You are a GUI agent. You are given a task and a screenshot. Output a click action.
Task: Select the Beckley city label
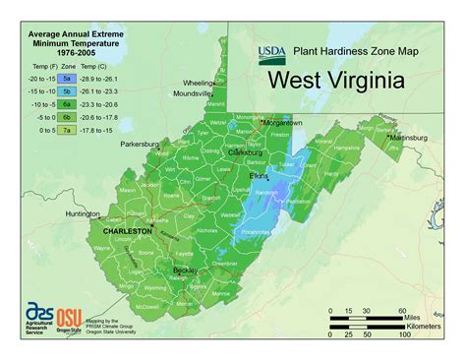187,268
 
